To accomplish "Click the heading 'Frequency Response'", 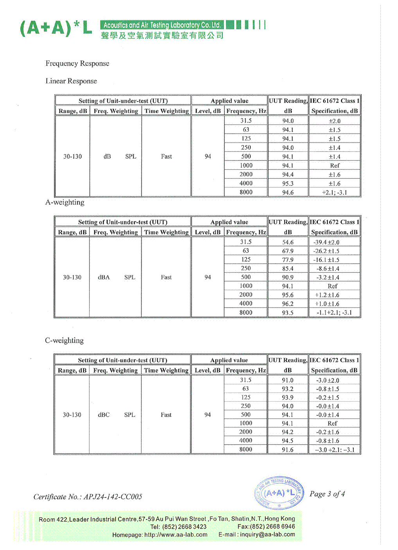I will click(x=77, y=63).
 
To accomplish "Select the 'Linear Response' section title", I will click(x=71, y=81).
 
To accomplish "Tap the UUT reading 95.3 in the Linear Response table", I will click(x=288, y=183).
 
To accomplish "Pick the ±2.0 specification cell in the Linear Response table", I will click(x=335, y=121).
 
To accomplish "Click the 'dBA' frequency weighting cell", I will click(x=104, y=277).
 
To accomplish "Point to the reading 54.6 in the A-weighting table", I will click(x=288, y=242).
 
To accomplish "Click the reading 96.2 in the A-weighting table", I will click(x=288, y=304).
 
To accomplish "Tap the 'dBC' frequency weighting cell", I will click(x=104, y=415).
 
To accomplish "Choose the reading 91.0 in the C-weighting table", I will click(x=287, y=380).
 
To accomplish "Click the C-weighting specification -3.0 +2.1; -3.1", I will click(x=335, y=450).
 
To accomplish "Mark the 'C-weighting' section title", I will click(x=64, y=340).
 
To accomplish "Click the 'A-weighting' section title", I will click(x=65, y=203).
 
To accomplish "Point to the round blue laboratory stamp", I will click(x=279, y=493).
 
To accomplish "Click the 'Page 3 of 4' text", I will click(x=327, y=494).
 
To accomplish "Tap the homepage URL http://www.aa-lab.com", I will click(x=176, y=535).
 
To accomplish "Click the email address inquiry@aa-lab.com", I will click(x=267, y=535).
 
